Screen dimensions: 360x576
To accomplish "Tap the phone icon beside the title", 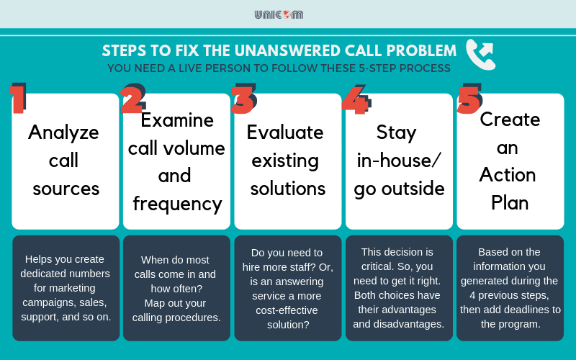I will point(480,54).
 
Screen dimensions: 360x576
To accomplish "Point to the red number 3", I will point(243,99).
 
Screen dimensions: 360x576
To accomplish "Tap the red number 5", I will point(469,99).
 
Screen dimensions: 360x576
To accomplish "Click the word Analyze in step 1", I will point(63,132).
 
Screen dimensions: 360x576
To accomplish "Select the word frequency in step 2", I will point(177,203).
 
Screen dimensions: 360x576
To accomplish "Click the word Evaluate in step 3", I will point(285,132).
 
